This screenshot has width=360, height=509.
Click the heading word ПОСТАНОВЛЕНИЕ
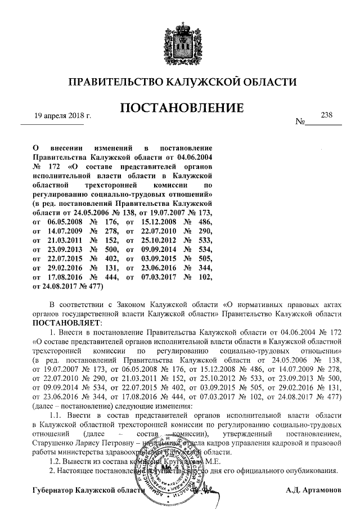click(x=180, y=107)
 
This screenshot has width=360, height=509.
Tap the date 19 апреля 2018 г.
click(x=62, y=116)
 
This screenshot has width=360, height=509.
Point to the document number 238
click(x=326, y=114)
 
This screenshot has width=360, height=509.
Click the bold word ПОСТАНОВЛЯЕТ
click(x=66, y=324)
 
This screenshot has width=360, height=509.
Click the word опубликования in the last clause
click(x=313, y=470)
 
